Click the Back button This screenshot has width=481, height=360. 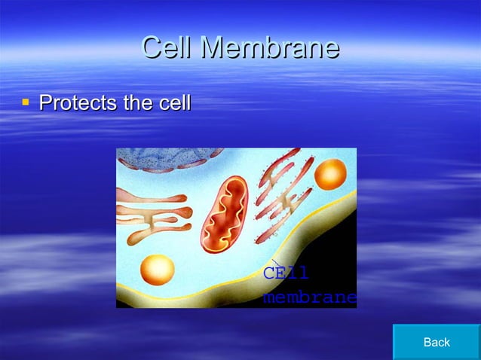pos(437,342)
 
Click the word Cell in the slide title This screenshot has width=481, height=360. pos(167,47)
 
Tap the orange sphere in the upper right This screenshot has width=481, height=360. pos(329,174)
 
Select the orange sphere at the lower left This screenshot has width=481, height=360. pos(157,270)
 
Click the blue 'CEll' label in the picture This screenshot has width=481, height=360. pos(286,273)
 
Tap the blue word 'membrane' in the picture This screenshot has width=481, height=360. pos(309,297)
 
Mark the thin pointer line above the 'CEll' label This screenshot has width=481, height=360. pos(276,264)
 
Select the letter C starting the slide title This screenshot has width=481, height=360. pos(153,47)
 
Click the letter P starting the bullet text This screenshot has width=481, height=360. pos(44,102)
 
